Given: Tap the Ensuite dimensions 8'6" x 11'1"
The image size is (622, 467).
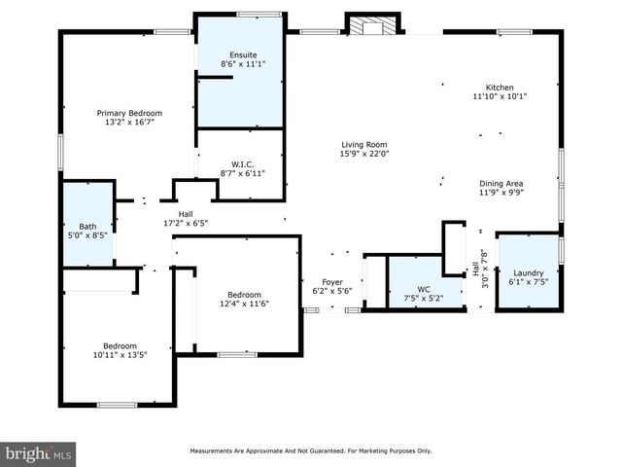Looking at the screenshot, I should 241,63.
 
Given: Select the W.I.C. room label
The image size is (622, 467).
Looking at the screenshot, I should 242,163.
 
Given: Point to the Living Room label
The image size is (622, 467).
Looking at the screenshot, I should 363,143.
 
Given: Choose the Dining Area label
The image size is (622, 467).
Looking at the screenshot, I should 501,183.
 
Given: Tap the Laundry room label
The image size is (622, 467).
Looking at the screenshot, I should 529,273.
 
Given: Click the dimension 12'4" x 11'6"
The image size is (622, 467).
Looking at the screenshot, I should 244,304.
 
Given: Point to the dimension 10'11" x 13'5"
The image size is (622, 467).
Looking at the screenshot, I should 121,355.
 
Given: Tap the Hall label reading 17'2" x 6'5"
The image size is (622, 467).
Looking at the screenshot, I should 185,223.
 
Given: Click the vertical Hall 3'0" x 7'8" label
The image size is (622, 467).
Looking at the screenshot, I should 478,266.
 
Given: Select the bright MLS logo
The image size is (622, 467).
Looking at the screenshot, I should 39,454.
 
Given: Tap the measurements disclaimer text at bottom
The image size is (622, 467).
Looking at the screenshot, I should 310,451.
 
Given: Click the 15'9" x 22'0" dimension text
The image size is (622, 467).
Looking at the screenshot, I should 363,153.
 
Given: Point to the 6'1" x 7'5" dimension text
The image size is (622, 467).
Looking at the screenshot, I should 529,283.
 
